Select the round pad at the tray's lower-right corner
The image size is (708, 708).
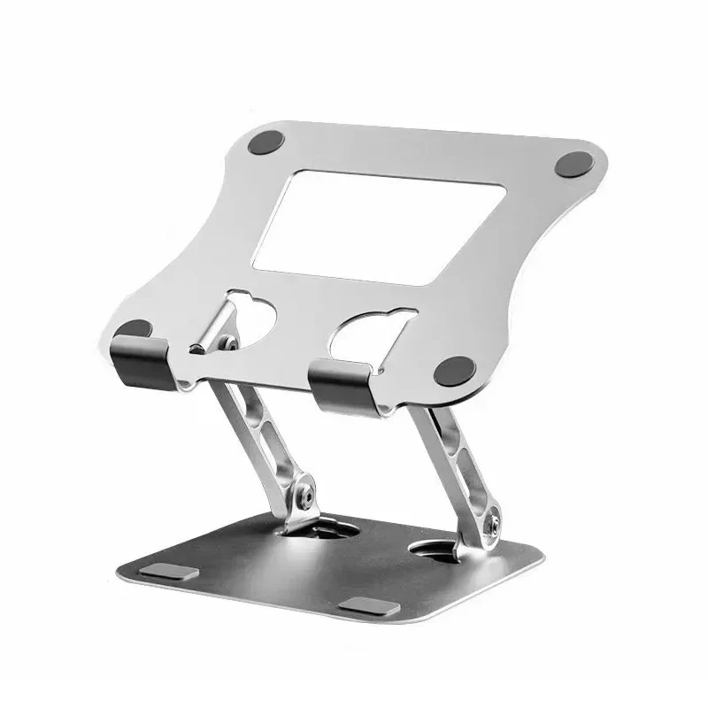coord(460,367)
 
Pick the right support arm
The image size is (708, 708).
coord(456,451)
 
